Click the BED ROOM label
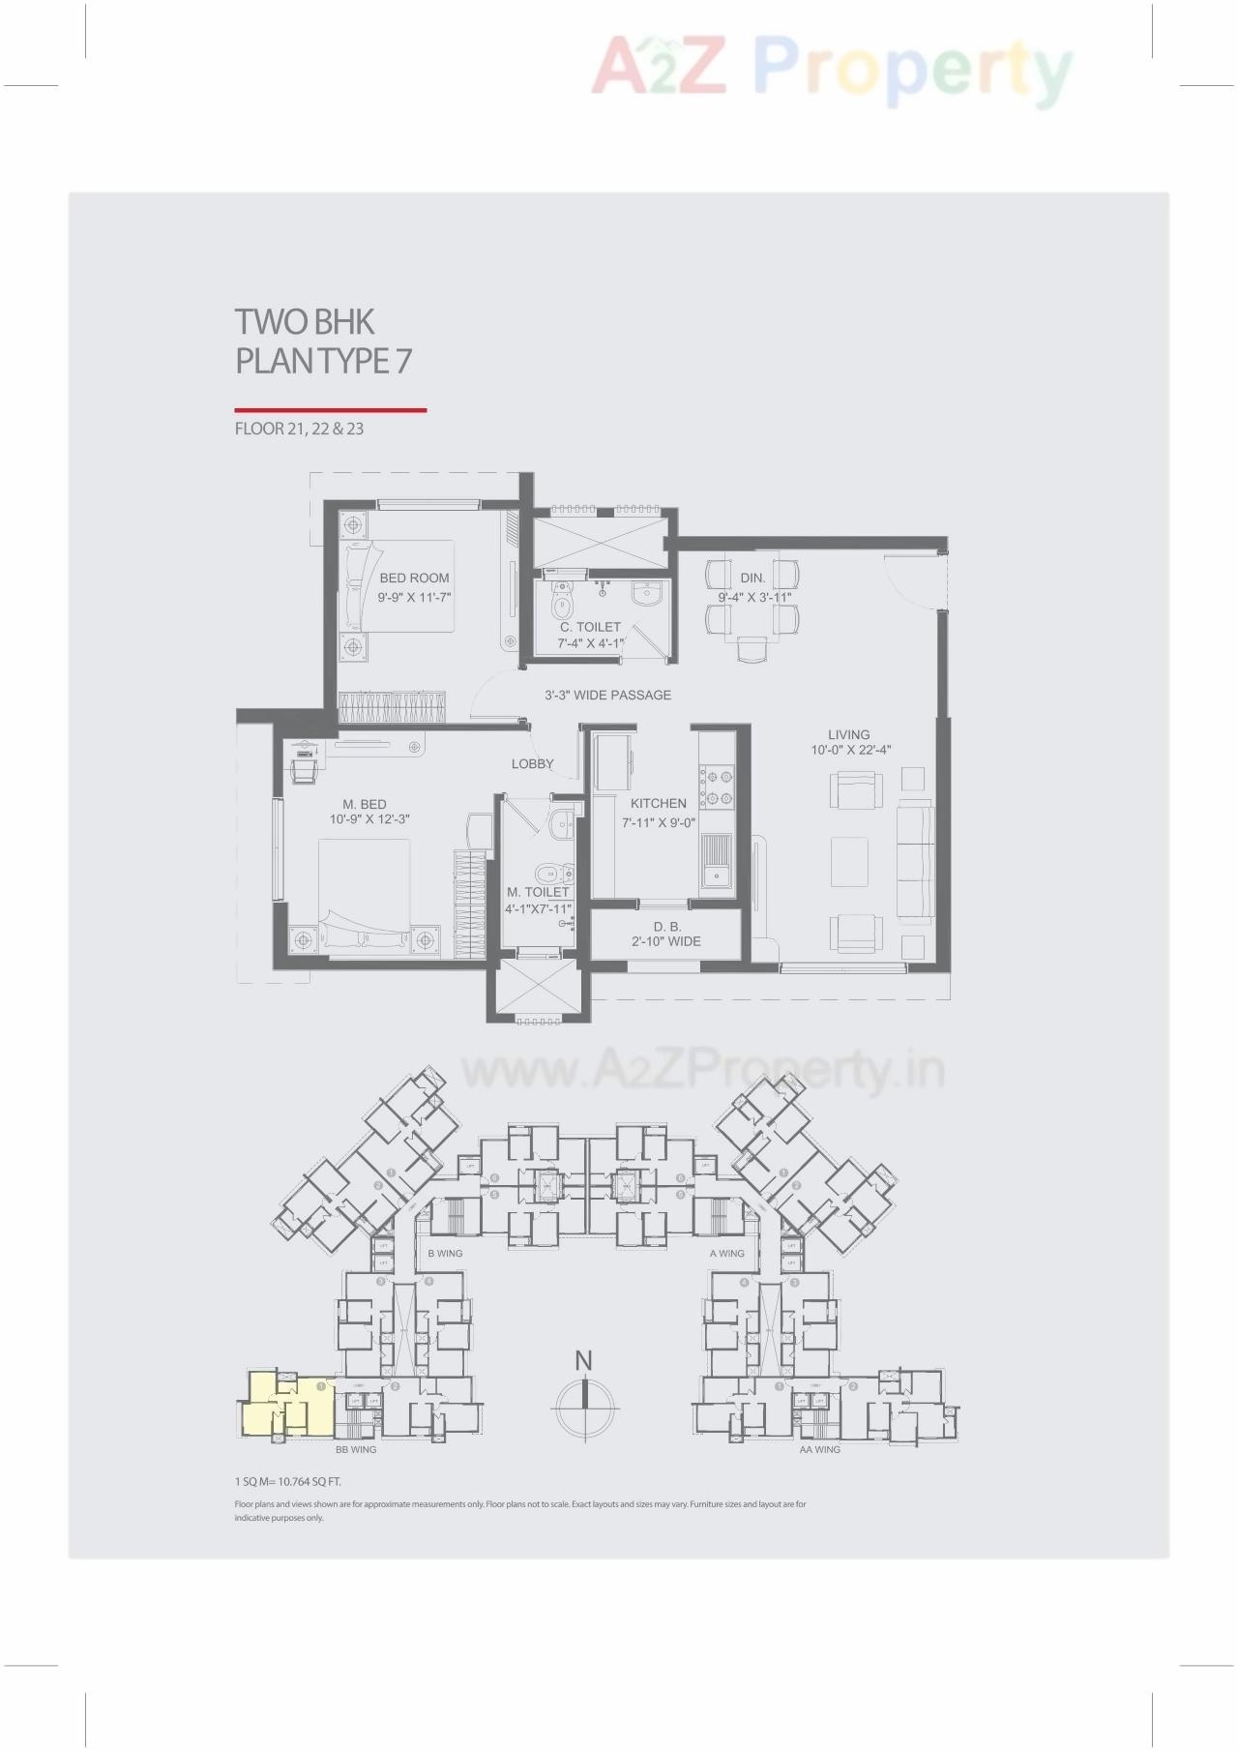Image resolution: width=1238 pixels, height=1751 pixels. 414,579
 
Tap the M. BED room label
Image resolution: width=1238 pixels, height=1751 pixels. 365,804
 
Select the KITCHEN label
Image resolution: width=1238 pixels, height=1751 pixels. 659,803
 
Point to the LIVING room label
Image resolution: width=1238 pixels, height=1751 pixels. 848,734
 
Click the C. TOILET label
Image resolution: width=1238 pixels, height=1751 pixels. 590,627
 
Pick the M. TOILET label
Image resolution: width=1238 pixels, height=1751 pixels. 539,892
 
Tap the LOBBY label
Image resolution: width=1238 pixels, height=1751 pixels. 533,763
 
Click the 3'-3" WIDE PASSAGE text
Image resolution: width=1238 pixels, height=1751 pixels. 607,695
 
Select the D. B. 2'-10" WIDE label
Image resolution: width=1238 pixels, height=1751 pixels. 666,934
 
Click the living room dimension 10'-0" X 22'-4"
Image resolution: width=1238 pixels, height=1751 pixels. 851,750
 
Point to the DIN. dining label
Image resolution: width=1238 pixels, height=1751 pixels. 752,578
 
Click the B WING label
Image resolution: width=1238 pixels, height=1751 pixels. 445,1253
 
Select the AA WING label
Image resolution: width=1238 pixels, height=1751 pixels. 819,1449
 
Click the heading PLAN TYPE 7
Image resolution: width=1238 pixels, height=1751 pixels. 324,361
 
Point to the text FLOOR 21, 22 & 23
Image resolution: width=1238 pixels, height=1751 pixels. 299,429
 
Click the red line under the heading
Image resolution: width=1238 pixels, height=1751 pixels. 330,410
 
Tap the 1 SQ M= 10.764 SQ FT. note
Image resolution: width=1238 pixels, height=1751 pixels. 287,1481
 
